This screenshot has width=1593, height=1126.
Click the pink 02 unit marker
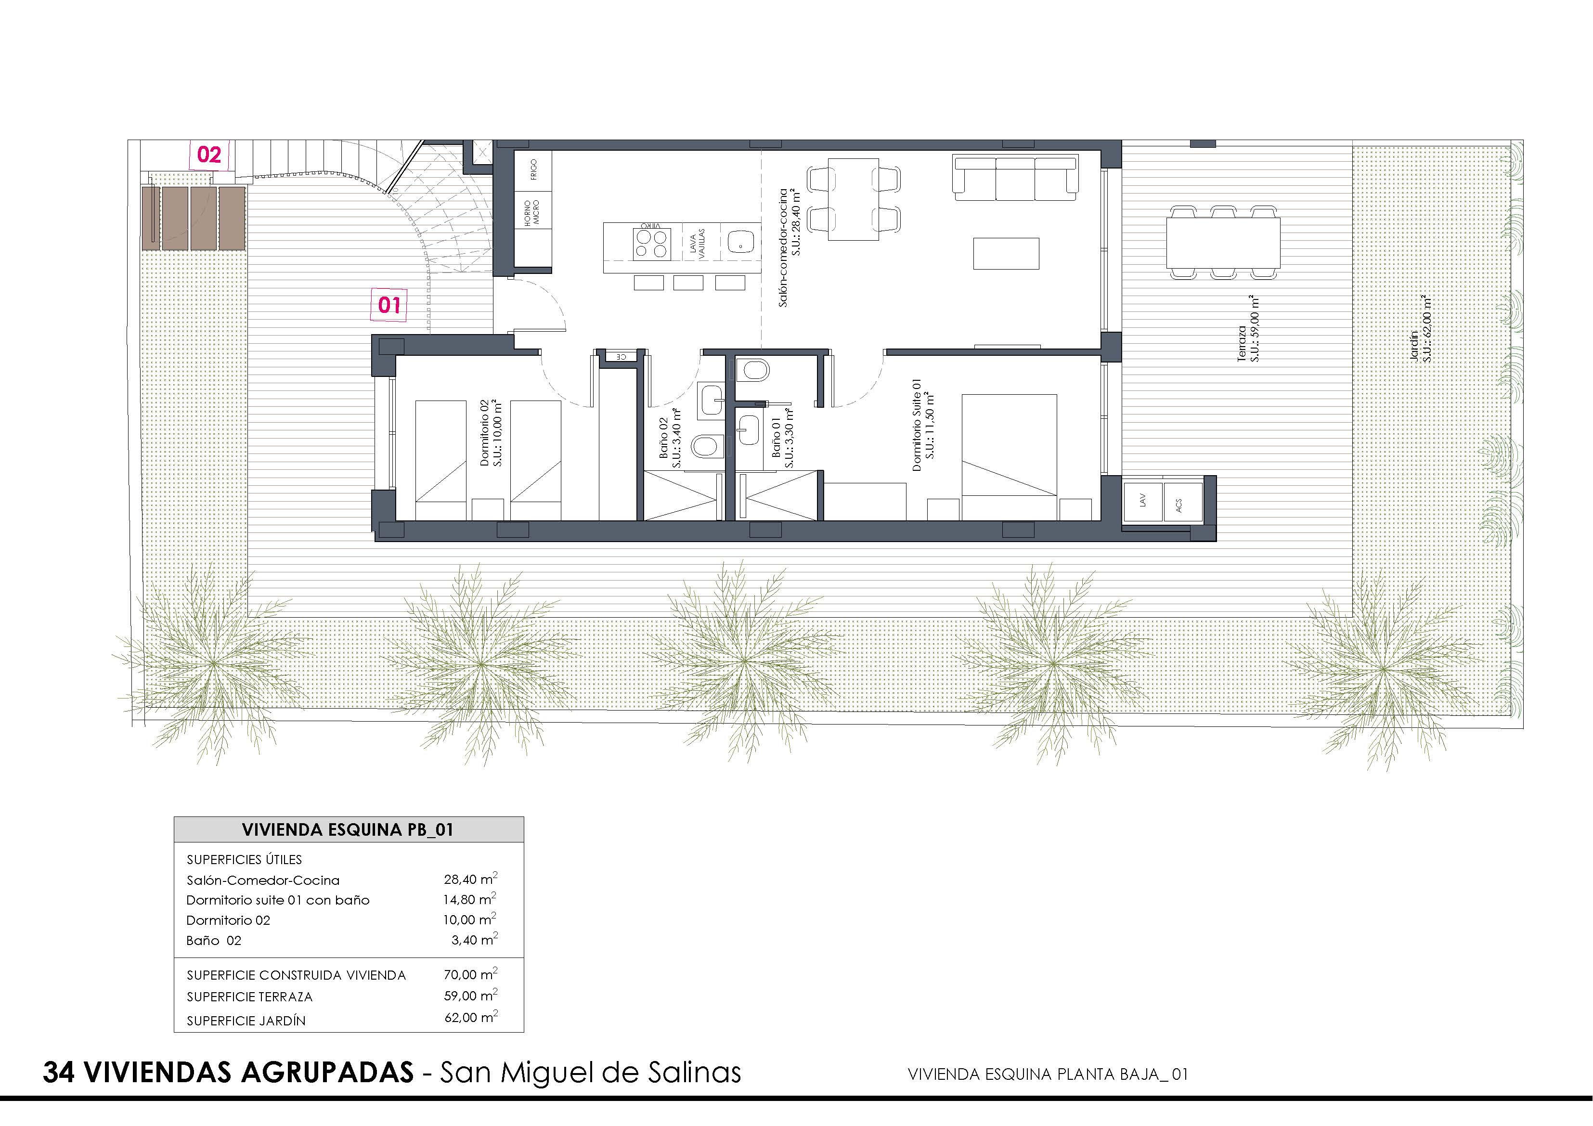point(209,154)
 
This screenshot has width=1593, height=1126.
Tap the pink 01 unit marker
point(389,305)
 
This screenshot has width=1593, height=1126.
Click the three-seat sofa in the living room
point(1016,178)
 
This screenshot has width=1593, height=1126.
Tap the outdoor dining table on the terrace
point(1223,242)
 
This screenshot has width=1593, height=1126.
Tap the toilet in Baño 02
point(707,445)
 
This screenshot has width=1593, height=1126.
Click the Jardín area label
point(1420,329)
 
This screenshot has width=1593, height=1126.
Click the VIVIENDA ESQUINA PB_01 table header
point(348,830)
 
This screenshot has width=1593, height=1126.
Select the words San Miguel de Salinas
point(590,1072)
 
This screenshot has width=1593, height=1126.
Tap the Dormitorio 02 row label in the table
point(228,920)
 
